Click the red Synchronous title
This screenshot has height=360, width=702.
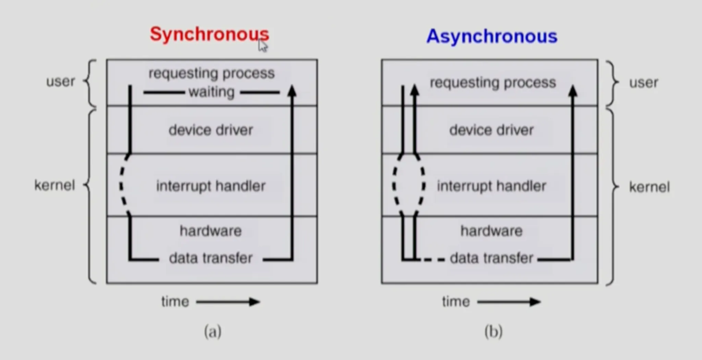(209, 34)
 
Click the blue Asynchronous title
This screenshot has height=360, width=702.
(492, 36)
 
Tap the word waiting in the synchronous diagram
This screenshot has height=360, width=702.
(211, 92)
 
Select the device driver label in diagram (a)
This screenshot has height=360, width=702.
(211, 130)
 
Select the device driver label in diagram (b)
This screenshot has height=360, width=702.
(492, 130)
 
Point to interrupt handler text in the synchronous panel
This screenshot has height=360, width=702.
(211, 186)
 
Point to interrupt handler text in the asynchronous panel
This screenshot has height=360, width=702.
(492, 186)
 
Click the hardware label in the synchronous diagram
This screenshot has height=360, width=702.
(211, 231)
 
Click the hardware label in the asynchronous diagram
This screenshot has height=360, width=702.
(492, 231)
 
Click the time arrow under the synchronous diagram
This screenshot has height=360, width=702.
(228, 302)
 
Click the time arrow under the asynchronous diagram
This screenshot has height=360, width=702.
(509, 302)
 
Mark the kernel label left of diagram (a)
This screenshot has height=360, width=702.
(55, 185)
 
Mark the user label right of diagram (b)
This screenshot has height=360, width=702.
(644, 83)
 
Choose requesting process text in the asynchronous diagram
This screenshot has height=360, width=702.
(493, 83)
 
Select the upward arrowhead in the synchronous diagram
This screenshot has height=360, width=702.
(292, 91)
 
